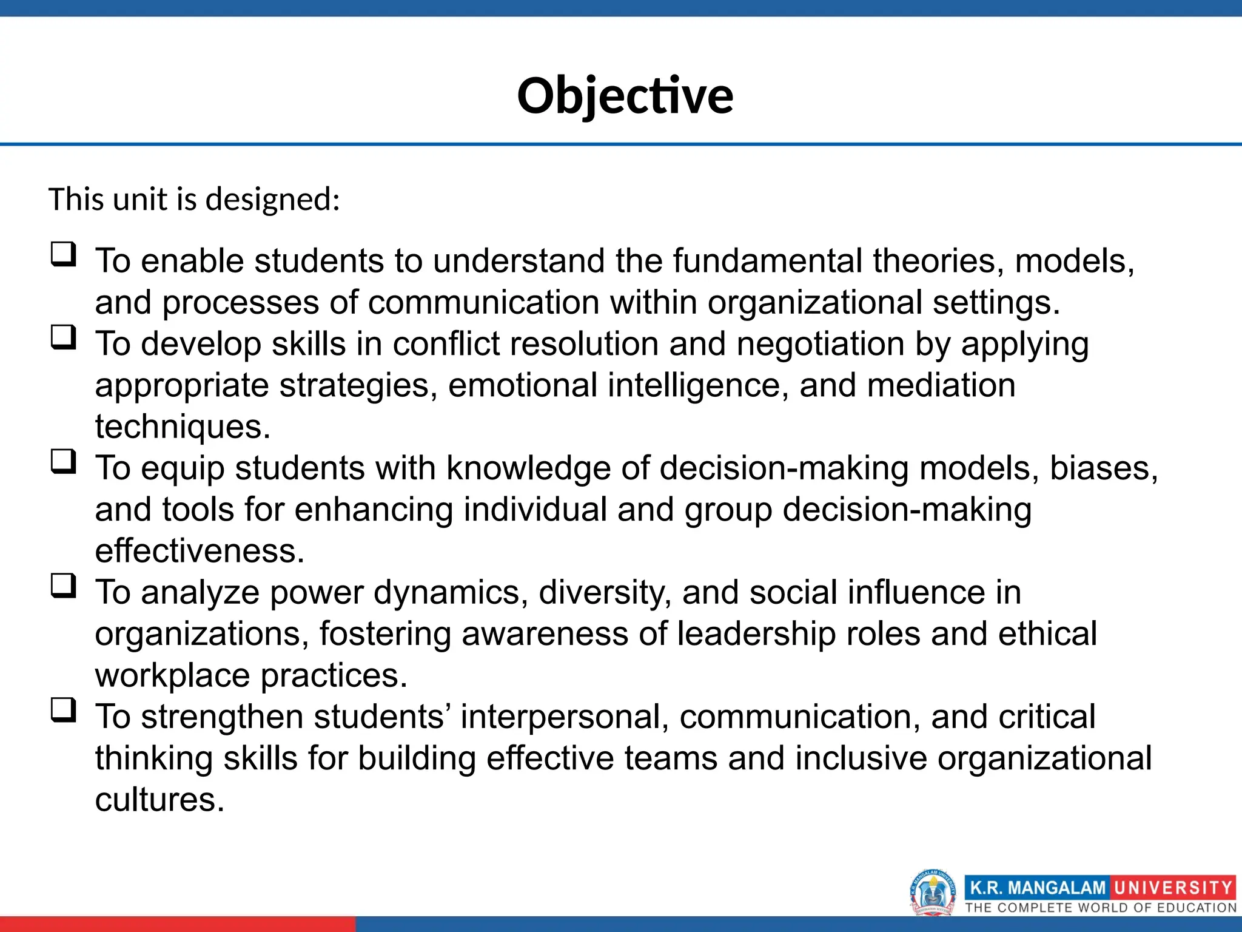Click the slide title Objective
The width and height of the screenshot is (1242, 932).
(x=625, y=96)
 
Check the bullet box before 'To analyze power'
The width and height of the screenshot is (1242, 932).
(x=64, y=586)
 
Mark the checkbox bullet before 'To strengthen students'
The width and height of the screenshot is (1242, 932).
(x=64, y=710)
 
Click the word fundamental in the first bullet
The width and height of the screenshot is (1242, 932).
(x=767, y=261)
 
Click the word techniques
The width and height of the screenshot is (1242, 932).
(x=182, y=427)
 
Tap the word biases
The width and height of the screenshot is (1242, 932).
(x=1103, y=468)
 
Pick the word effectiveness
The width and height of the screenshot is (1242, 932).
(x=199, y=551)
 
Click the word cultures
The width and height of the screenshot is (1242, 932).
(x=159, y=800)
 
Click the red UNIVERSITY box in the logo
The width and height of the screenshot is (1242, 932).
(x=1172, y=888)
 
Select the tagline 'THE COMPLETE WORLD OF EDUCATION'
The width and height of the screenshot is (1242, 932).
(x=1100, y=908)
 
